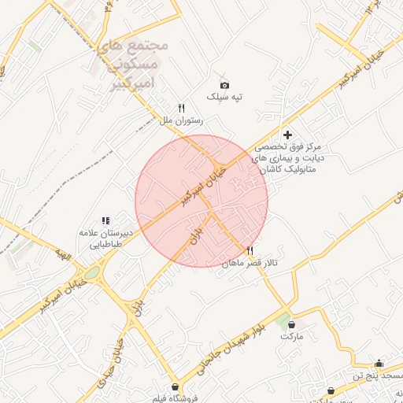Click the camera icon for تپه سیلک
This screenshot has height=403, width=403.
224,85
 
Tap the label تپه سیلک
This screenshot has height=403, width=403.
224,97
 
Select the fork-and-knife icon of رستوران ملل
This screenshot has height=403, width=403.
181,109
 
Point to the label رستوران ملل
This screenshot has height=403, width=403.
182,120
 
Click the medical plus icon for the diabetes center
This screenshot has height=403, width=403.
288,135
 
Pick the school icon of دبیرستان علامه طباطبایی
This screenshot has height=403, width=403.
105,221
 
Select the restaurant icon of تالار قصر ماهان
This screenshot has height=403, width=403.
250,251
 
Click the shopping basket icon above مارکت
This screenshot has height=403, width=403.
291,324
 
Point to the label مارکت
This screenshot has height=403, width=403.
291,335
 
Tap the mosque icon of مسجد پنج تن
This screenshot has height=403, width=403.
379,363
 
